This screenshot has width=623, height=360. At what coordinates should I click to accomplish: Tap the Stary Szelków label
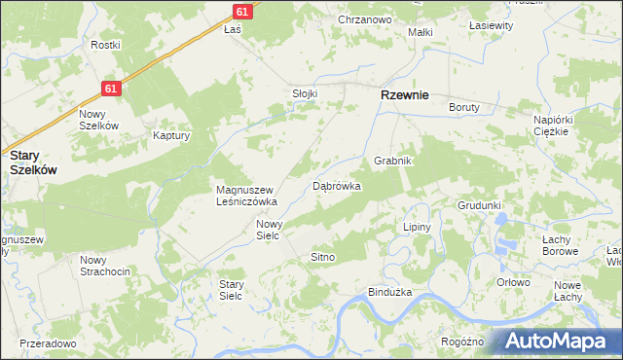tap(33, 162)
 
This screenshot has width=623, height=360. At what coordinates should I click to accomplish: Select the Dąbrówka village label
tap(337, 185)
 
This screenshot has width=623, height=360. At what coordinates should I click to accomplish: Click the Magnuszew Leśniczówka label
tap(247, 196)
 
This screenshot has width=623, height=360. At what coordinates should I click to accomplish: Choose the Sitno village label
tap(322, 257)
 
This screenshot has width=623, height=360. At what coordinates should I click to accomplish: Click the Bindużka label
tap(390, 292)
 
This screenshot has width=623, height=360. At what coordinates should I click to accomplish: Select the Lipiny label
tap(417, 227)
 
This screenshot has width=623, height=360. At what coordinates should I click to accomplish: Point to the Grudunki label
tap(479, 206)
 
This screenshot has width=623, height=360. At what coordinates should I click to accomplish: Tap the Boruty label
tap(464, 108)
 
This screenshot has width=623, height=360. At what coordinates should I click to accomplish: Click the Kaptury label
tap(170, 136)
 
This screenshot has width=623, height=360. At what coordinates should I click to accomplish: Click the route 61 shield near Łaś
tap(242, 10)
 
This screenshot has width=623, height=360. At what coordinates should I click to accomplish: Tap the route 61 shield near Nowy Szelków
tap(111, 89)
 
